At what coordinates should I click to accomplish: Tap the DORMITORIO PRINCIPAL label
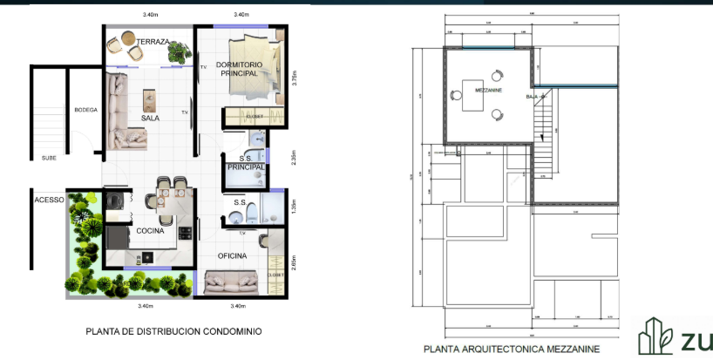237,70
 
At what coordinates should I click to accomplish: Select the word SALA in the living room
150,118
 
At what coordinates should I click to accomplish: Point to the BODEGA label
85,110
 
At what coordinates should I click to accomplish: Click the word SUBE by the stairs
49,158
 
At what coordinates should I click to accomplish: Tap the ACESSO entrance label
49,200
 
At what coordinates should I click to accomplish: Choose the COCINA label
150,230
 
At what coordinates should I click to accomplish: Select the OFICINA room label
232,255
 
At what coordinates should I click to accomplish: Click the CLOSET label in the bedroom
255,115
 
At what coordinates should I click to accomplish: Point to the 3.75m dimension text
295,78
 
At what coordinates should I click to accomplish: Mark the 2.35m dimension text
295,158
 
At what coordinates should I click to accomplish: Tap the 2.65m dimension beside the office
295,262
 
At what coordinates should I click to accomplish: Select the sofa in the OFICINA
231,281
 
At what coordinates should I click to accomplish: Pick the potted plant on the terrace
180,51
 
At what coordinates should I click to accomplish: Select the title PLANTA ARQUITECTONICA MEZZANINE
511,349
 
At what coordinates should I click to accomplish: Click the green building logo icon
654,337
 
